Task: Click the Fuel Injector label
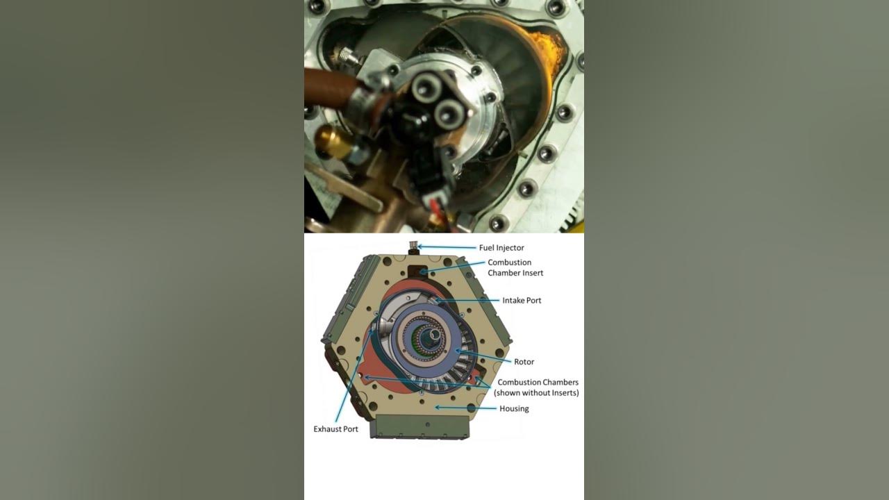point(501,248)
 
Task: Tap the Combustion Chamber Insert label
point(515,267)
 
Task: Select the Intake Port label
point(522,301)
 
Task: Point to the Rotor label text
point(524,362)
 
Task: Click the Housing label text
point(514,408)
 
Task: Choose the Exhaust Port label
point(335,429)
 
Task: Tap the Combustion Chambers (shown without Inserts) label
point(536,387)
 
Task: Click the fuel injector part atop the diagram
point(414,248)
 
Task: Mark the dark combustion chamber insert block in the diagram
point(417,272)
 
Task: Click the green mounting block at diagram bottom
point(419,426)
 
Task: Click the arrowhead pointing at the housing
point(438,407)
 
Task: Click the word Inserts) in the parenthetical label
point(565,393)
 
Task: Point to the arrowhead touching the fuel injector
point(420,247)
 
